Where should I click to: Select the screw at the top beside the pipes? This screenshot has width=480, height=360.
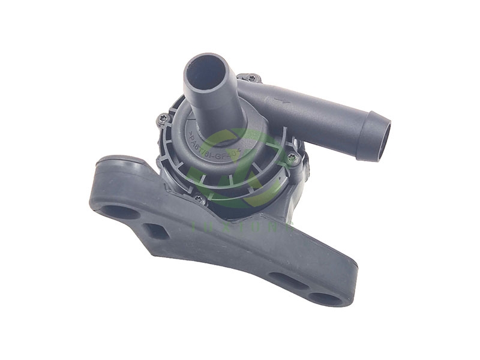tap(251, 78)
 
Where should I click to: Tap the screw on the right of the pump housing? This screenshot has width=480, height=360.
tap(292, 158)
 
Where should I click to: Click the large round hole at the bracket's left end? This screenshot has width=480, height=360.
tap(119, 211)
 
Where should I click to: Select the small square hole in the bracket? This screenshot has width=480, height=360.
tap(157, 230)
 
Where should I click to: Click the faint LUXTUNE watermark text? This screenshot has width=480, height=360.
tap(240, 223)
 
